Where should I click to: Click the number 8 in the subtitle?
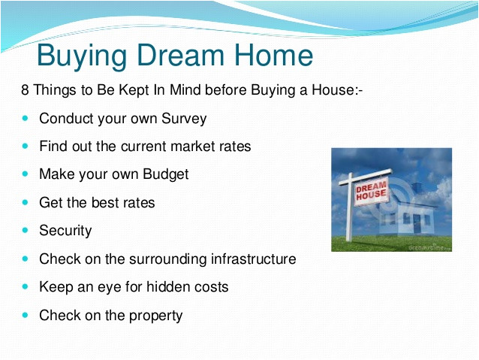[25, 91]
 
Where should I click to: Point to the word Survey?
[183, 119]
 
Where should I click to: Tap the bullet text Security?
[65, 231]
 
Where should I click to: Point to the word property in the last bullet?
[153, 316]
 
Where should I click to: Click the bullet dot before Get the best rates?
[26, 203]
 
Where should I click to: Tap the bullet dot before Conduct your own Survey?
[26, 119]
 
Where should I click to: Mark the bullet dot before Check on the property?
[26, 315]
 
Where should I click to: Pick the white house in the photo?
[414, 213]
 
